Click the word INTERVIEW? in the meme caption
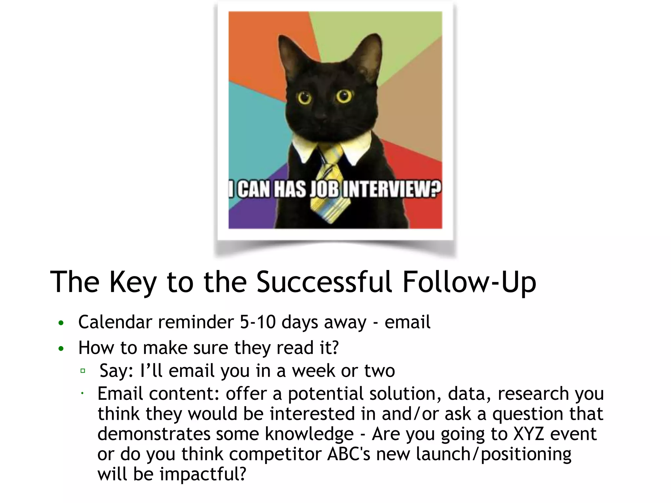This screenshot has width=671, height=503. (x=391, y=190)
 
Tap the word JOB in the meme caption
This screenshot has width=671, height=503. (x=325, y=190)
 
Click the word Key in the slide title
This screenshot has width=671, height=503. (x=133, y=282)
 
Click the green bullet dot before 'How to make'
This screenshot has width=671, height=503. (x=61, y=349)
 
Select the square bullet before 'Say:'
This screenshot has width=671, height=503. (x=83, y=371)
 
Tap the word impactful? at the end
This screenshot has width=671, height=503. (x=202, y=474)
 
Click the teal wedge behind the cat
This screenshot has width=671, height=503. (x=252, y=124)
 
